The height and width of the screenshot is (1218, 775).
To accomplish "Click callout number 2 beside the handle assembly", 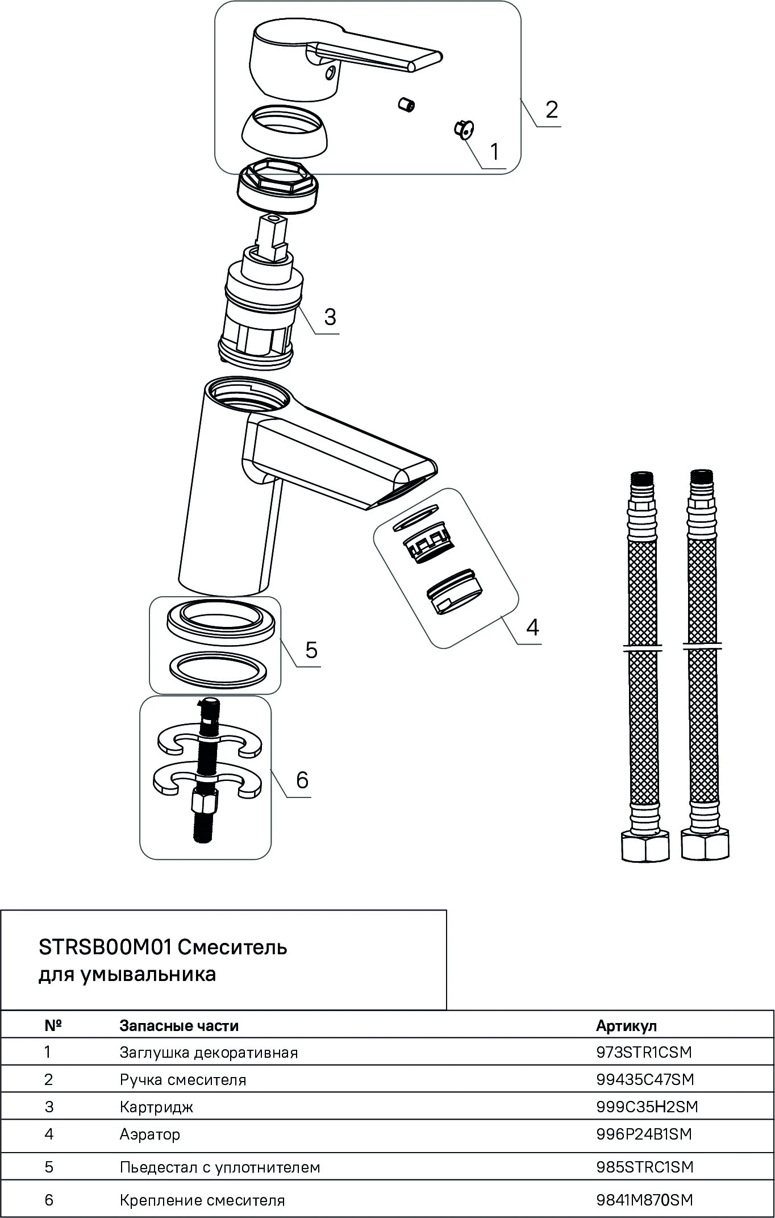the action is click(x=552, y=109).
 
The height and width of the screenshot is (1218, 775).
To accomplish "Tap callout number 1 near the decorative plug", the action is click(x=494, y=152).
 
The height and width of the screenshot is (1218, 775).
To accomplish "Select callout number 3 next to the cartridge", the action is click(x=330, y=316).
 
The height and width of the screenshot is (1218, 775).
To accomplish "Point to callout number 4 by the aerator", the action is click(x=532, y=627).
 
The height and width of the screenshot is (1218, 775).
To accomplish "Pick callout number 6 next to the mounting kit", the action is click(x=302, y=780).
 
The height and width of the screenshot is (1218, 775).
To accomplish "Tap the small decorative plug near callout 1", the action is click(x=463, y=129).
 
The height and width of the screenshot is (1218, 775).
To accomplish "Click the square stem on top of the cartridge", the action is click(x=273, y=238).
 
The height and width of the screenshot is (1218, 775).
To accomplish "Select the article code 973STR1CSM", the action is click(x=644, y=1052).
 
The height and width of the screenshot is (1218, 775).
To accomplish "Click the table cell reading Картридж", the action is click(x=156, y=1107).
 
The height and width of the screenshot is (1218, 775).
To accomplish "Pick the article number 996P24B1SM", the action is click(x=644, y=1134).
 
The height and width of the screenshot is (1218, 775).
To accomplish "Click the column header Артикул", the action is click(x=626, y=1026).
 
